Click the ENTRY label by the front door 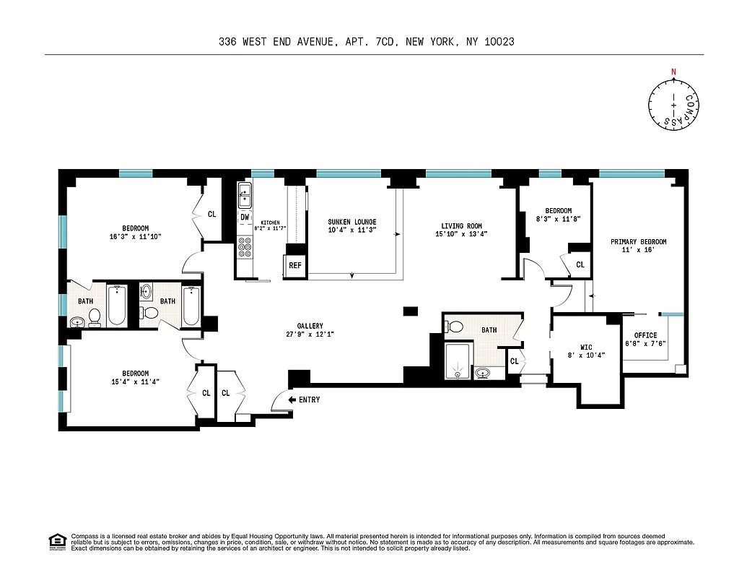[309, 400]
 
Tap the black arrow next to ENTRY [292, 400]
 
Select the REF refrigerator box [294, 265]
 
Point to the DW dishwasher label [245, 217]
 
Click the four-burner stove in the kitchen [245, 249]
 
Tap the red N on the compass [674, 72]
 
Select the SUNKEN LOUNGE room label [351, 222]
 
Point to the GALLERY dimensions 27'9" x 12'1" [310, 335]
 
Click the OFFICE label [645, 335]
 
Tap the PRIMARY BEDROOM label [638, 242]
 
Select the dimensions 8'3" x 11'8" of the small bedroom [558, 218]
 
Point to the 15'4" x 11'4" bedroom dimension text [131, 381]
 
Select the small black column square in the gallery [410, 311]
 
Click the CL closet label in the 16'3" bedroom [211, 214]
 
